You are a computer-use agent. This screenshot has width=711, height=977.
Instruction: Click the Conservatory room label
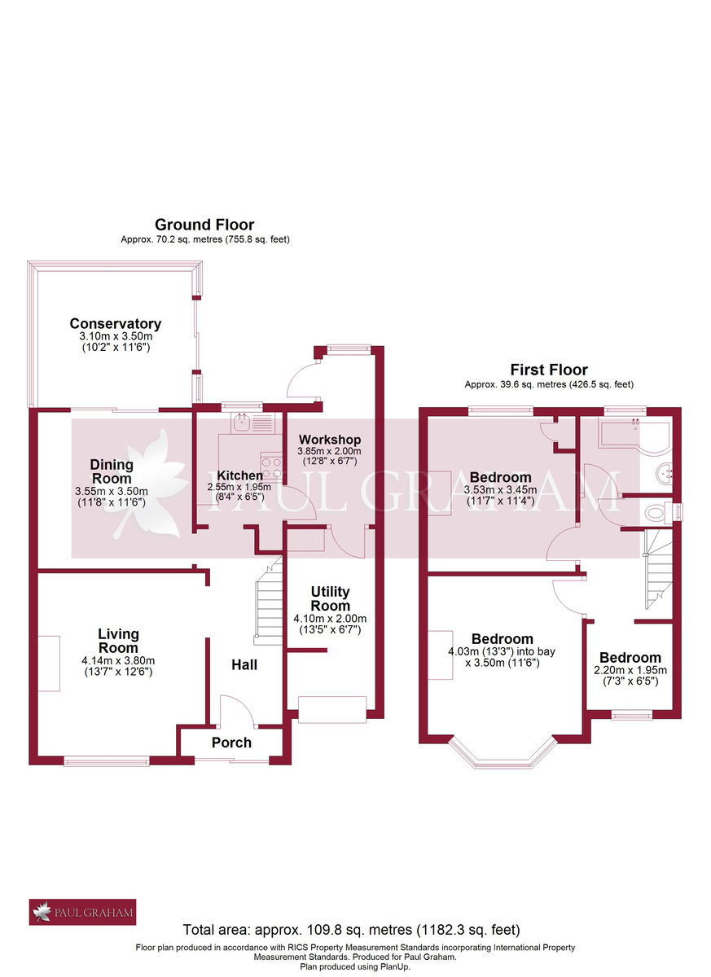click(115, 324)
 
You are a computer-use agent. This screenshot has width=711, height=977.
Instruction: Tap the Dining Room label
click(112, 471)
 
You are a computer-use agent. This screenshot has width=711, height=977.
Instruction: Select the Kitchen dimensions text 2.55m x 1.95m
click(239, 488)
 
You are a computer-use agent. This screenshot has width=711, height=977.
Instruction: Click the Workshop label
click(329, 440)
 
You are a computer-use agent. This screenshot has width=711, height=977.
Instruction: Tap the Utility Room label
click(330, 598)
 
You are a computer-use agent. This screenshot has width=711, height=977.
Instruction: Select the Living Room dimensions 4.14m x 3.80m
click(118, 660)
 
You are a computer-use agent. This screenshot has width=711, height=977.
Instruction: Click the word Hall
click(244, 665)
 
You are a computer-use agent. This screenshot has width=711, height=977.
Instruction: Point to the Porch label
click(231, 743)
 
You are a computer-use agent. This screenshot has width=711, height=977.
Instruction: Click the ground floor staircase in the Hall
click(268, 603)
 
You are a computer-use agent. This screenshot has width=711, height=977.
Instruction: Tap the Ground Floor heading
click(204, 225)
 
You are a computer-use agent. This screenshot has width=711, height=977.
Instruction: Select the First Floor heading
click(548, 370)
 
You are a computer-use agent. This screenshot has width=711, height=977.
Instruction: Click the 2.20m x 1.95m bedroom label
click(630, 658)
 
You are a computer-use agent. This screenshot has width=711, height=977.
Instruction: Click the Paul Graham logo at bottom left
click(82, 912)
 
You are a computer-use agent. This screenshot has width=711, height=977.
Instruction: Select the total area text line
click(350, 929)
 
